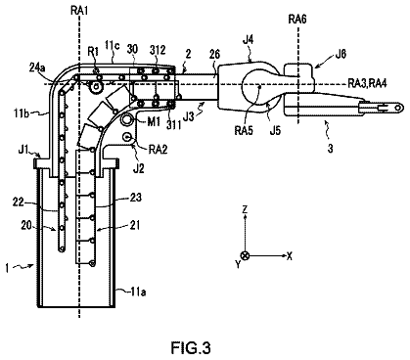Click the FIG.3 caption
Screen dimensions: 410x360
(x=191, y=348)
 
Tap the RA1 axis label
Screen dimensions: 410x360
(x=79, y=11)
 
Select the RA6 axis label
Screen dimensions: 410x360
(x=297, y=20)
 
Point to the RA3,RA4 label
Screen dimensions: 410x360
(x=367, y=83)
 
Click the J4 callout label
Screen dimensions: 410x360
(x=249, y=40)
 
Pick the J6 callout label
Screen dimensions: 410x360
(x=341, y=54)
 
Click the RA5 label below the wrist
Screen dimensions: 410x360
(x=244, y=130)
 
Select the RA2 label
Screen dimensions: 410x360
(x=158, y=150)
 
